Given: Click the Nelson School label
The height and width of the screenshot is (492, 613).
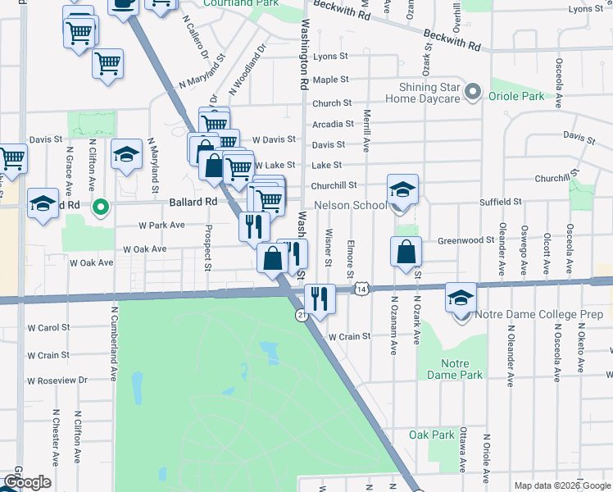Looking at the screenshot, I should [x=350, y=205].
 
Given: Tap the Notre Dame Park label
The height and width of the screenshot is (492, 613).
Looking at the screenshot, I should [x=448, y=369].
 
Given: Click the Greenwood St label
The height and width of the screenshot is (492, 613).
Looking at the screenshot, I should [x=465, y=241].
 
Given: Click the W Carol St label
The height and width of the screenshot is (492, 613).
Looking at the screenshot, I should [x=48, y=327].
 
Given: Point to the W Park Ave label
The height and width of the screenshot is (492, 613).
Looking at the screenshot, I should [x=161, y=224].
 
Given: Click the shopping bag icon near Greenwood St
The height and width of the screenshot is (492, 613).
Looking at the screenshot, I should [x=406, y=252].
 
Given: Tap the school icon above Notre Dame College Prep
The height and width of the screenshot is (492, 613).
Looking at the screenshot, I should [x=461, y=298].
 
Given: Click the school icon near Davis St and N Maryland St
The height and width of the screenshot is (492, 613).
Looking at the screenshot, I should [x=126, y=156].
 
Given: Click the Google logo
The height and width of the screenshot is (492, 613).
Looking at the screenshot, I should [x=26, y=483].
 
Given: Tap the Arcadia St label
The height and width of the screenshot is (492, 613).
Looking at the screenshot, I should [x=332, y=125].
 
